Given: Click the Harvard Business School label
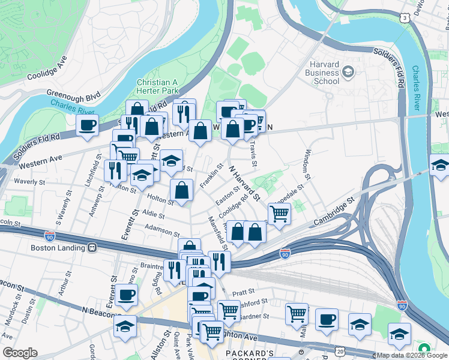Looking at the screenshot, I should click(325, 73).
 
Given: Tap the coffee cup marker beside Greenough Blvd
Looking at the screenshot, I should click(88, 125).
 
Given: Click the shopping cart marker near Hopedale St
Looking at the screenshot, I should click(279, 212).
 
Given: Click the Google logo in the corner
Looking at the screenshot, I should click(19, 353).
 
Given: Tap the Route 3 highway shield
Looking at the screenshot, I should click(406, 19).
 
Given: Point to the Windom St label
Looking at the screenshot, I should click(309, 164).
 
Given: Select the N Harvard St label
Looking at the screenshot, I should click(246, 182).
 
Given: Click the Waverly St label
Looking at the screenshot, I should click(30, 181).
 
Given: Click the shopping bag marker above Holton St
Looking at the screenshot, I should click(181, 190).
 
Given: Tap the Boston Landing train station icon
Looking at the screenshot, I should click(92, 247).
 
